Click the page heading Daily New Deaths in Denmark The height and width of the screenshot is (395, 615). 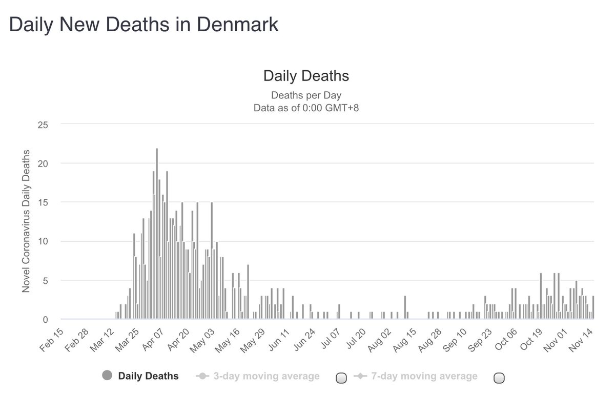tap(144, 25)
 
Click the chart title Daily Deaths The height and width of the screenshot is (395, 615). tap(306, 76)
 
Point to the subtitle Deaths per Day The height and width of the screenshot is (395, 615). tap(306, 95)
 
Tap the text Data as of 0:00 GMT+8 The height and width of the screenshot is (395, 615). tap(306, 108)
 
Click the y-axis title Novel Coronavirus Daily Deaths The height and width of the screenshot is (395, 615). tap(26, 221)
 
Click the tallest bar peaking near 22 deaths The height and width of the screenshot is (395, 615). tap(157, 234)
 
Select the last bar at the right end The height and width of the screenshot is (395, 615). tap(593, 307)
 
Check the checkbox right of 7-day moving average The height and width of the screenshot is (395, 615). tap(498, 378)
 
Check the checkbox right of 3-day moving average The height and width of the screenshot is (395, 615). tap(341, 378)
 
